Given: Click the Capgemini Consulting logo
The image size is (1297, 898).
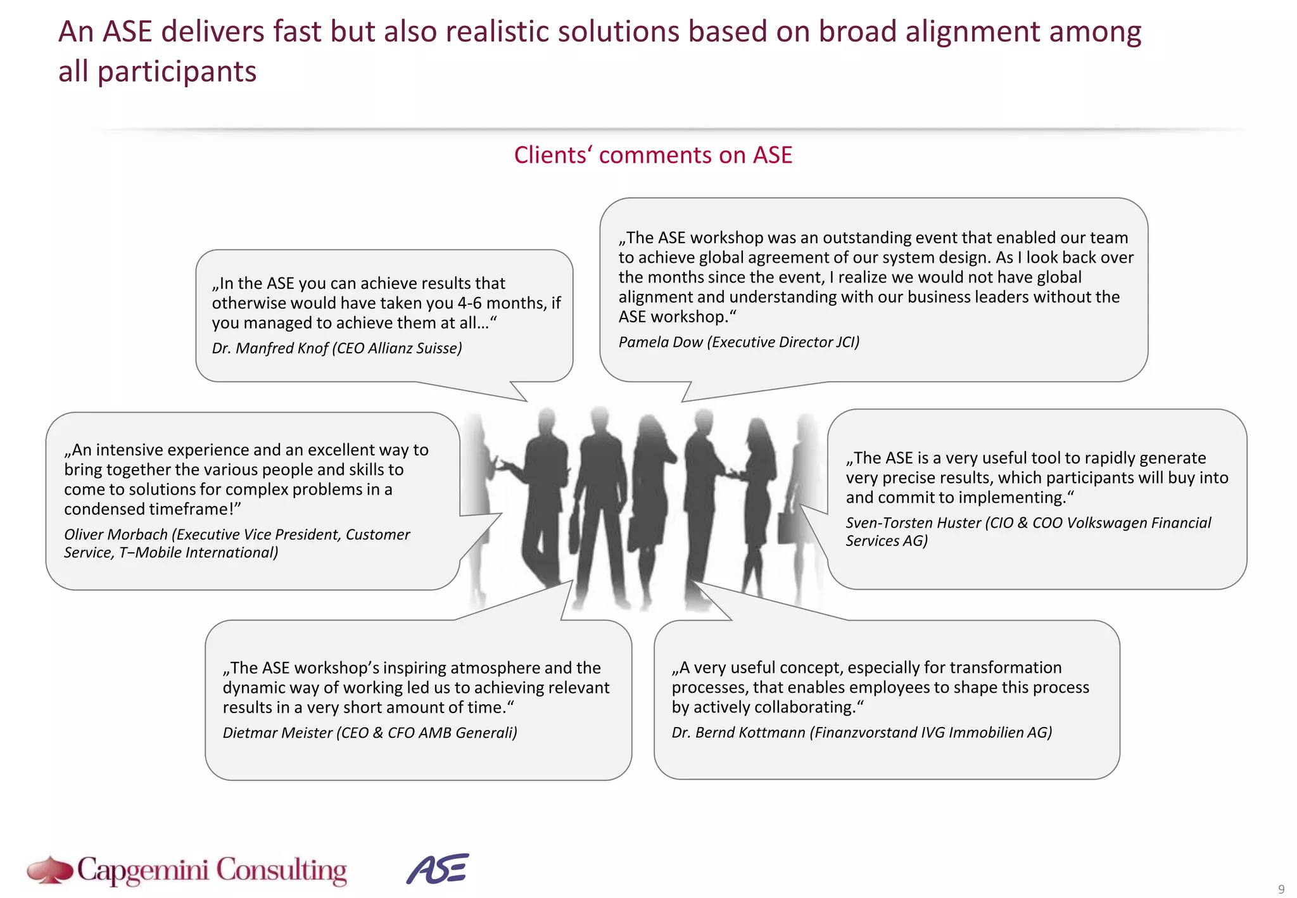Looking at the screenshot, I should point(187,870).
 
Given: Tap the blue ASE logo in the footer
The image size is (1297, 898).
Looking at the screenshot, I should point(438,869).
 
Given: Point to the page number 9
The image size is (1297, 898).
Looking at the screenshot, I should point(1281,889).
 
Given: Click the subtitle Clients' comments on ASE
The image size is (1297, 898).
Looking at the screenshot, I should point(652,155).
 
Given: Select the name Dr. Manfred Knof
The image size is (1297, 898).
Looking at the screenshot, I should point(270,348).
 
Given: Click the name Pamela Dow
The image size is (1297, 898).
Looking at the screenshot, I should point(661,343).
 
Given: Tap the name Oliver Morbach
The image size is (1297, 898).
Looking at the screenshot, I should point(116,534).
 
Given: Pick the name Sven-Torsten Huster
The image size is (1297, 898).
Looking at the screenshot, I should point(913,523).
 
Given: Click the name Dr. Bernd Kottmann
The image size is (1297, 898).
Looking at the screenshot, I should point(738,733).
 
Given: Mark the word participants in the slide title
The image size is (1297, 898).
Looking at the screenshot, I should point(177,72).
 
